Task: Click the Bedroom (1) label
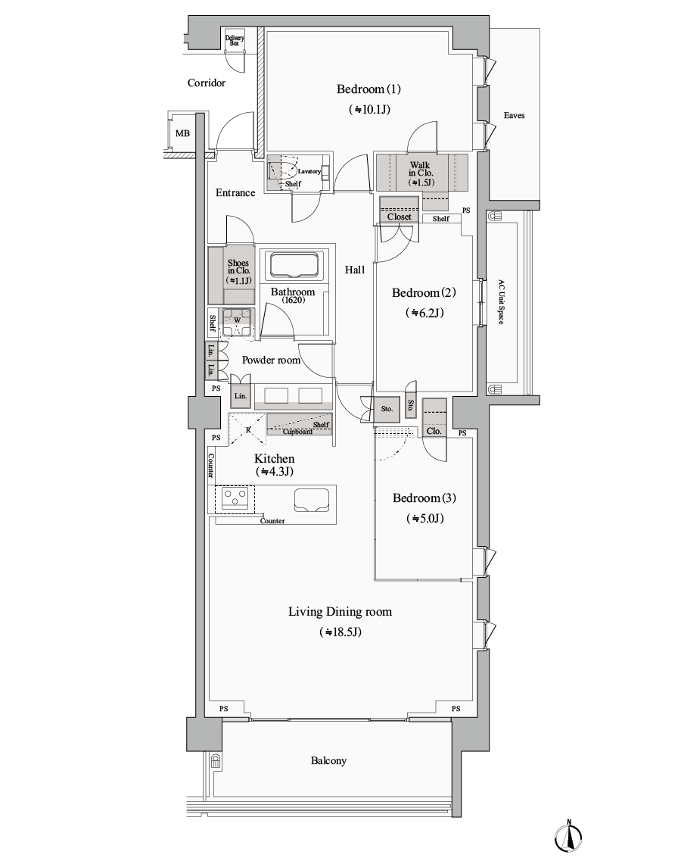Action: pos(368,89)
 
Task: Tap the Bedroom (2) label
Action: pos(424,293)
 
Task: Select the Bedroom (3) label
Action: pos(424,498)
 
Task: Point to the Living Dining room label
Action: pos(340,612)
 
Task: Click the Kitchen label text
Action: pos(275,459)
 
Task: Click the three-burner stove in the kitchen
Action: pos(235,498)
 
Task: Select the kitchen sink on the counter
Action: pos(310,500)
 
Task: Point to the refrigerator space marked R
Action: pos(247,430)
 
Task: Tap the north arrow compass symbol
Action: pos(568,837)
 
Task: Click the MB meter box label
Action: pos(182,133)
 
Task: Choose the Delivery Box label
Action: pos(235,40)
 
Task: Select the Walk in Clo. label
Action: pos(420,173)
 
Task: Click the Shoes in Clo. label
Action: pos(239,271)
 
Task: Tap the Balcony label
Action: pos(328,761)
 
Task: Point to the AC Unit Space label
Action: pos(501,302)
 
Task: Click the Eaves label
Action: pos(515,115)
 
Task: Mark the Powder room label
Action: pos(271,360)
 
